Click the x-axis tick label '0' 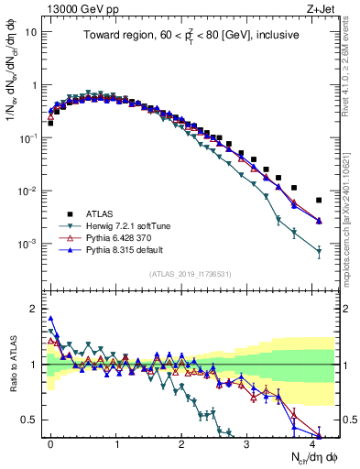[x=50, y=442]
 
